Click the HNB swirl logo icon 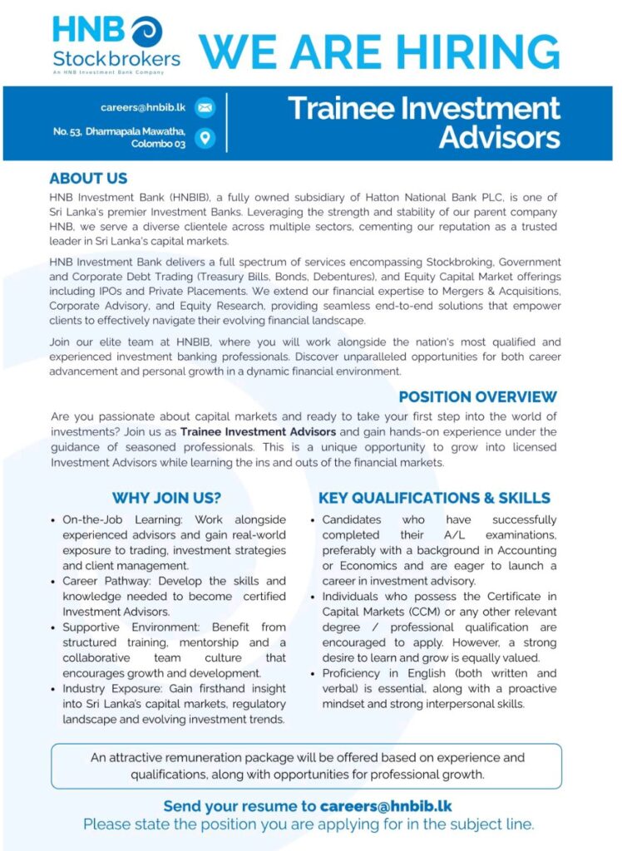[x=146, y=32]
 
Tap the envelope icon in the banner [x=205, y=107]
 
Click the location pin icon [x=205, y=137]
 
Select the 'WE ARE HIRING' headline [x=379, y=51]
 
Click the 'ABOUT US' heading [x=88, y=179]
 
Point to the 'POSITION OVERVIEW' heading [x=477, y=396]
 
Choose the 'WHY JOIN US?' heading [x=166, y=499]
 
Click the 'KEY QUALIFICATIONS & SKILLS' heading [x=434, y=499]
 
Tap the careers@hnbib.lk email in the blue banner [x=143, y=107]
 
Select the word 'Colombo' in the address [x=151, y=144]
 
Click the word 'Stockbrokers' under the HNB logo [x=116, y=59]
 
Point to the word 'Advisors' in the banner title [x=499, y=137]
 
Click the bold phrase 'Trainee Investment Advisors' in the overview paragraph [x=258, y=432]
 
